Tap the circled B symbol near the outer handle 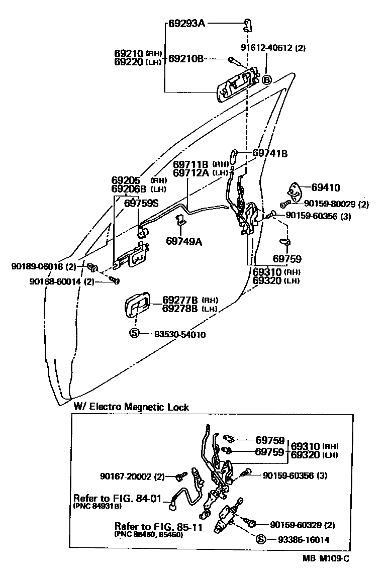[x=266, y=80]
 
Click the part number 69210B [x=185, y=59]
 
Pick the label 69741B [x=270, y=153]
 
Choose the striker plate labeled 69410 [x=295, y=191]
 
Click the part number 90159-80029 [x=330, y=204]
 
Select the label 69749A [x=184, y=241]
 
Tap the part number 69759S [x=141, y=203]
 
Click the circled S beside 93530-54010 [x=134, y=333]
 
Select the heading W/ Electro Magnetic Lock [x=131, y=407]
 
